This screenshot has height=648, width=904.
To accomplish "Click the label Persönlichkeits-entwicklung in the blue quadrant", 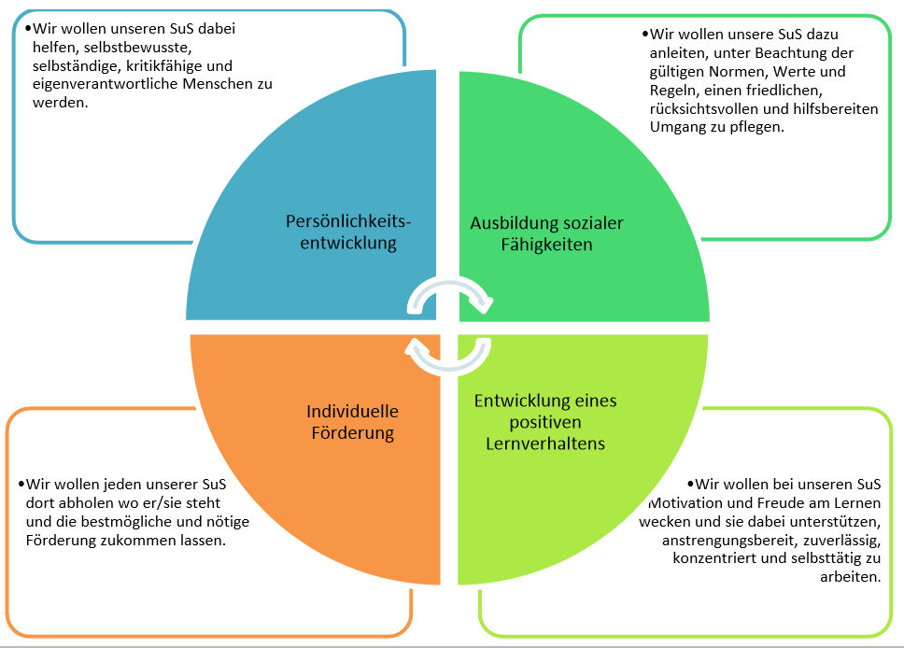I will click(347, 232).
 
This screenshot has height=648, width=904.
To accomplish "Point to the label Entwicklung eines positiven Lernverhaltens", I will click(545, 421).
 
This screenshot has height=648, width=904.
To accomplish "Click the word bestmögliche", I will click(153, 522).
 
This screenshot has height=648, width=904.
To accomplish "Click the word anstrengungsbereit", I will click(724, 540).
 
